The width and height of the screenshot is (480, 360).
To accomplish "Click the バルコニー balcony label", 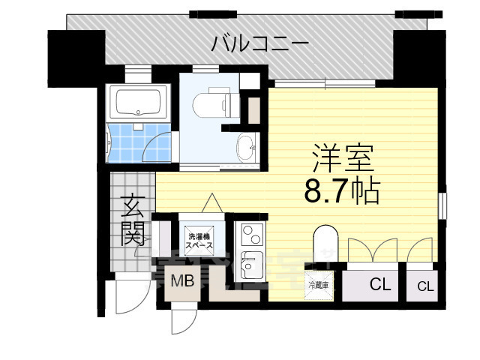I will point(259,43).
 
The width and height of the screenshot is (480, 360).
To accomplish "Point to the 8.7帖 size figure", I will point(341,192).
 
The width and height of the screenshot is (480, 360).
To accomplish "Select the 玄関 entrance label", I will point(133,219).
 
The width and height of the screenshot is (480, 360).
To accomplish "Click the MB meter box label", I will point(181,282).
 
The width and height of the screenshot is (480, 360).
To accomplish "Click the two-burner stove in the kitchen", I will point(250,235).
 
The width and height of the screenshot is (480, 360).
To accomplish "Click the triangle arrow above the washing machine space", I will point(212,202).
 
